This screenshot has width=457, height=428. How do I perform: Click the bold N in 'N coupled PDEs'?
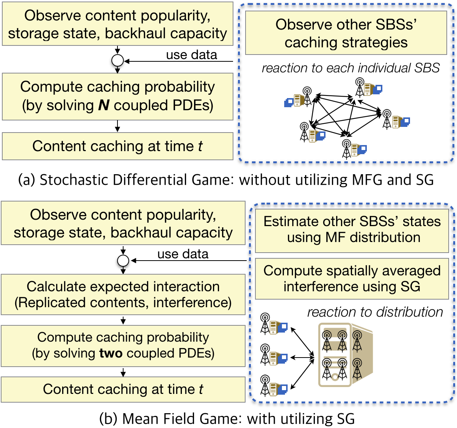coord(104,105)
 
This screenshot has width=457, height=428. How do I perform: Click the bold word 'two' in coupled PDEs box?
coord(111,353)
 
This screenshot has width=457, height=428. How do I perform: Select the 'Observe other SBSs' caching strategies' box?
coord(346,33)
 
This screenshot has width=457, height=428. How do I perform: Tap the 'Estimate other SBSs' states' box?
coord(352,230)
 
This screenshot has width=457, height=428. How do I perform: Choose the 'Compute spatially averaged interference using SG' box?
coord(352,279)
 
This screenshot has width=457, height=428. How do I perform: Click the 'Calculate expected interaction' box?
coord(123,294)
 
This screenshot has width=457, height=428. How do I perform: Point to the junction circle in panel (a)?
coord(117,60)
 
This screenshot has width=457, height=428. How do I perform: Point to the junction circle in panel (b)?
coord(123,261)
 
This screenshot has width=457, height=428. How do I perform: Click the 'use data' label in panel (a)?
coord(191,55)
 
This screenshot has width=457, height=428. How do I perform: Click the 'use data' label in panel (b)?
coord(183,254)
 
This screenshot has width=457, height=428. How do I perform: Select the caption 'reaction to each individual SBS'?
coord(351,68)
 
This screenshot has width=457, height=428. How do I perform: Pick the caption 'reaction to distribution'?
coord(375,312)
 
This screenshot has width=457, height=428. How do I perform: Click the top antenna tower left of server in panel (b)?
coord(265,323)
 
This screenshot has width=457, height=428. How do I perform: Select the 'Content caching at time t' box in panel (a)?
coord(117,146)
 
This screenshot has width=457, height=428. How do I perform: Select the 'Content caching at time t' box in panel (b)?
coord(123,389)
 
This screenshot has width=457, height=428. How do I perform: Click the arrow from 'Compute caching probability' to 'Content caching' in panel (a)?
coord(117,126)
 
